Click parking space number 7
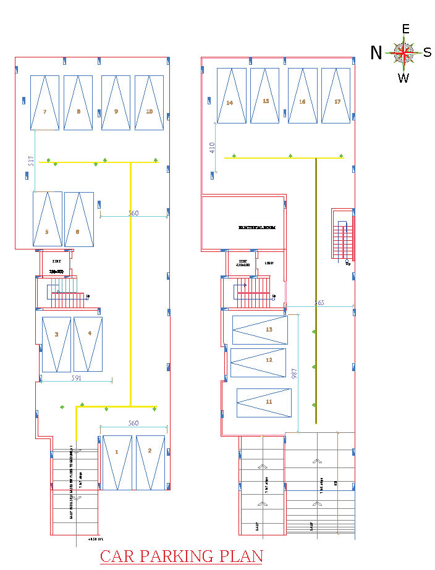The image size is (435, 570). [45, 112]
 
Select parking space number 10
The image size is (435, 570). [150, 112]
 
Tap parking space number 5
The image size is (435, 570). [47, 232]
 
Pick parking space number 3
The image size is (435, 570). [56, 334]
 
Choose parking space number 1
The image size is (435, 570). [116, 451]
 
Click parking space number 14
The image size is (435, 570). [230, 103]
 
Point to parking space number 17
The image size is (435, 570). [337, 101]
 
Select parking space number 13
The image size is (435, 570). [269, 330]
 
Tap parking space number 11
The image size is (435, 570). [269, 401]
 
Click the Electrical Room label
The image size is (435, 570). [257, 228]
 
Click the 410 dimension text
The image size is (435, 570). [212, 147]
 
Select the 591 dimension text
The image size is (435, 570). [77, 377]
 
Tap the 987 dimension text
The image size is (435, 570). [294, 374]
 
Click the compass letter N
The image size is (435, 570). [376, 53]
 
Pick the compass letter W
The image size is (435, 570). [403, 78]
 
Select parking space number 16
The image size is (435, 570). [302, 101]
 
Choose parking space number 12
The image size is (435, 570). [269, 359]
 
